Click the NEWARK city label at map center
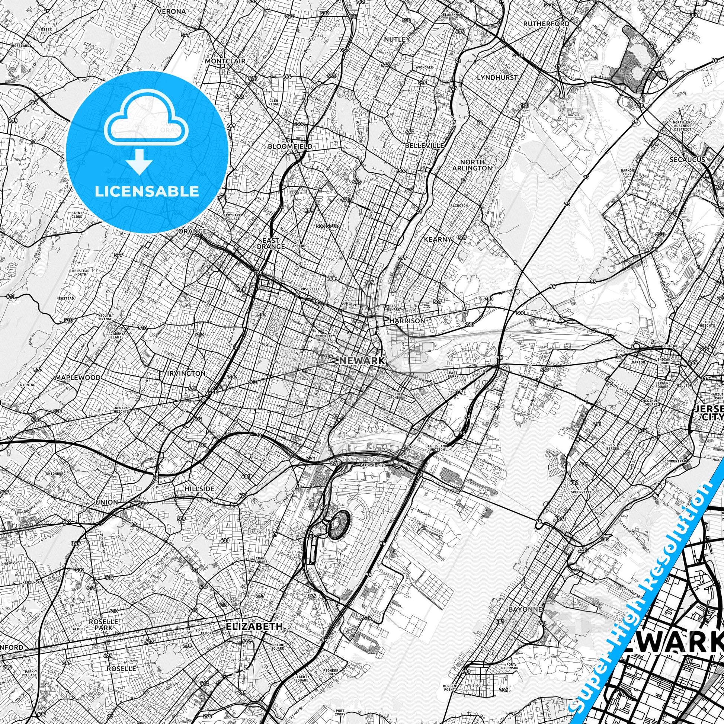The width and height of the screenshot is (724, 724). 362,361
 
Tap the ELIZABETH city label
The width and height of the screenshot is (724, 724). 254,479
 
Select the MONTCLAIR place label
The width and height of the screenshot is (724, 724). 225,61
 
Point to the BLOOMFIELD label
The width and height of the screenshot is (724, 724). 290,146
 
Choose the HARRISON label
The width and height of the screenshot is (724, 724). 407,321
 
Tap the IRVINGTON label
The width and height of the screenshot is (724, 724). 187,373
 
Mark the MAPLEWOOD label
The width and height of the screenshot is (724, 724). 78,377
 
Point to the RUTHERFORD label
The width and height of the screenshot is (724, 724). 547,23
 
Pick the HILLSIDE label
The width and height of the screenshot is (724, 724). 199,489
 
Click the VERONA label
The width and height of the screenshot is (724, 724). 171,11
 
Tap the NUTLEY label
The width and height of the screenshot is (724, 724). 397,39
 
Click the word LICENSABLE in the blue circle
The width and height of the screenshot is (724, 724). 147,191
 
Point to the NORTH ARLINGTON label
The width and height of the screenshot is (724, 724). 472,165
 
